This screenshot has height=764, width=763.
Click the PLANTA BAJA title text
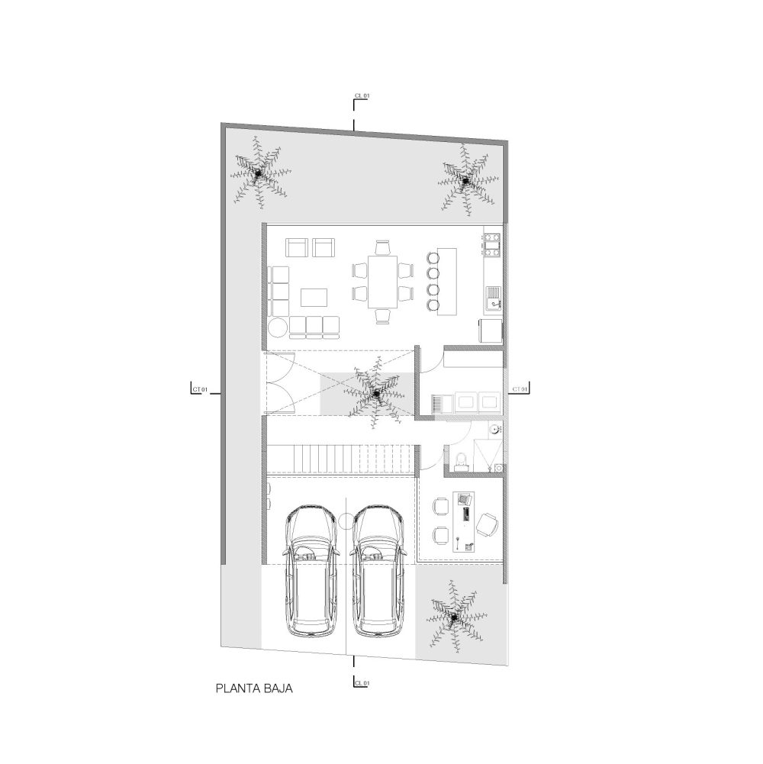pos(254,689)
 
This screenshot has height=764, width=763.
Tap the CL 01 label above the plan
pos(362,96)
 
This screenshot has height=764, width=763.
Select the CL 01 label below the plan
pos(362,683)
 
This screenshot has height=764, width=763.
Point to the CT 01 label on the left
pos(200,389)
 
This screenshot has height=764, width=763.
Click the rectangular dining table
pos(382,282)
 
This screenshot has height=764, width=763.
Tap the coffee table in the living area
pos(314,297)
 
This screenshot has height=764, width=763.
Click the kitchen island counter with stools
pos(447,282)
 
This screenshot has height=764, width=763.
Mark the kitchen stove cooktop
pos(491,244)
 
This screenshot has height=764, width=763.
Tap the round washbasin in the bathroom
pos(494,429)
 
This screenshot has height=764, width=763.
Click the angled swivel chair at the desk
pos(487,524)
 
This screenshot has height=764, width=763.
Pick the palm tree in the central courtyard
pos(376,393)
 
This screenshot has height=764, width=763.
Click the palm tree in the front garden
pos(454,617)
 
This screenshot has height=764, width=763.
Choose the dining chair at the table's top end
pos(383,248)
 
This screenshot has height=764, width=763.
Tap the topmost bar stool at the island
pos(433,258)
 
